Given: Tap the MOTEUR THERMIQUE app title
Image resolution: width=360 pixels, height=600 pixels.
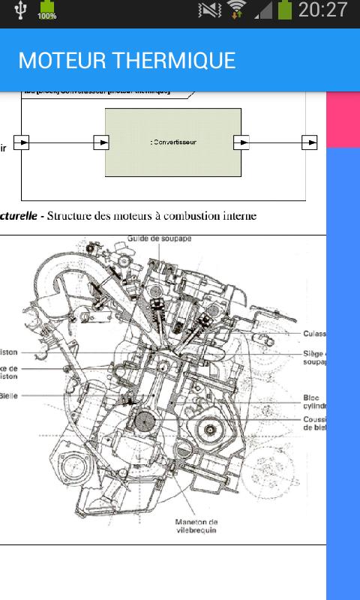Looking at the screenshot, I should tap(127, 60).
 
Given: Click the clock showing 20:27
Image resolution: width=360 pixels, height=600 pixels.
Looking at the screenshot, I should tap(322, 10).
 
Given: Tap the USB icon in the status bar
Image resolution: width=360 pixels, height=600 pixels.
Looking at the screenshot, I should tap(20, 10).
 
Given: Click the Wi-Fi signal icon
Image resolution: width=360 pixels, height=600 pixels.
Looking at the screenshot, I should tap(238, 10).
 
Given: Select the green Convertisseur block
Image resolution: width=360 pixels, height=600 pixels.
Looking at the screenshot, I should tap(173, 142).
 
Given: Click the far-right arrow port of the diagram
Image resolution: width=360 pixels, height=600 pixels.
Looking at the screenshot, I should tap(309, 142).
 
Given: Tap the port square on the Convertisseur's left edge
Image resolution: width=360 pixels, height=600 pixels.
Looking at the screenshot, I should tap(100, 142).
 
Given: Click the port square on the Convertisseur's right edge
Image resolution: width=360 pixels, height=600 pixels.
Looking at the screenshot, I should tap(241, 142).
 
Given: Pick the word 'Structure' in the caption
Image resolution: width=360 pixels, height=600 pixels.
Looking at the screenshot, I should tap(70, 216).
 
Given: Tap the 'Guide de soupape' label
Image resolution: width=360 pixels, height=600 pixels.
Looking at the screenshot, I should tap(160, 238).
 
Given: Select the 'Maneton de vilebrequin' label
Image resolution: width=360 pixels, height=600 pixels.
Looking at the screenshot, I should tap(196, 526).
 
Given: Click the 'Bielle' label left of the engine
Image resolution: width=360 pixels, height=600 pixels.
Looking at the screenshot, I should tap(9, 396).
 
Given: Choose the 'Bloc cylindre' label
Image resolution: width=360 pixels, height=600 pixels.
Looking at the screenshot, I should tap(315, 402).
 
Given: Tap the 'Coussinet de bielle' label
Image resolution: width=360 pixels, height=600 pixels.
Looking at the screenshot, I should tap(315, 423).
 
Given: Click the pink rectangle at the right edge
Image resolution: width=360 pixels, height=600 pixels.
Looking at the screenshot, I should tap(343, 119).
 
